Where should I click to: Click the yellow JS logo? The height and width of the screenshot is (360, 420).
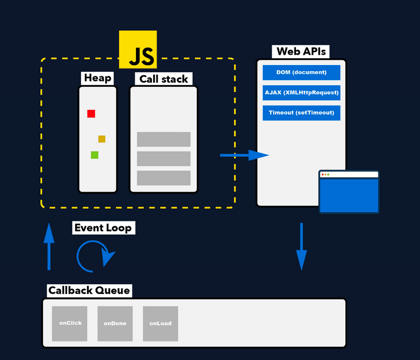tap(138, 49)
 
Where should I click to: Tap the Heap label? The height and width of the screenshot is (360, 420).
tap(98, 78)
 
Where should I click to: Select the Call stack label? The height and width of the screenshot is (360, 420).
tap(163, 79)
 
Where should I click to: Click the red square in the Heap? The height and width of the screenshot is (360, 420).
tap(91, 114)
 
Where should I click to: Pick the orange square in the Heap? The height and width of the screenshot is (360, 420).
tap(101, 139)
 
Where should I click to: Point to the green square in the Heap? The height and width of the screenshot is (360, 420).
tap(94, 155)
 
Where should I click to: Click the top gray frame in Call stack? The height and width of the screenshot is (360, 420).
tap(163, 139)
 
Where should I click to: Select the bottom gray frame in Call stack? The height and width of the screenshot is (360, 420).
tap(163, 178)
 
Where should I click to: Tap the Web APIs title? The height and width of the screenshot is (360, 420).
tap(301, 51)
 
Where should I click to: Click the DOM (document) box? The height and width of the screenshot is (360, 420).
tap(301, 72)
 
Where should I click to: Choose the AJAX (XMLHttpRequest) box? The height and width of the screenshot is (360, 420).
tap(301, 93)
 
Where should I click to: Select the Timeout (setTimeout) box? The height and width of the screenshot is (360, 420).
tap(301, 113)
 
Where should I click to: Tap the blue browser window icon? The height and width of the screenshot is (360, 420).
tap(349, 192)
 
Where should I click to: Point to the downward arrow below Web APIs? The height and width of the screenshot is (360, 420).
tap(301, 247)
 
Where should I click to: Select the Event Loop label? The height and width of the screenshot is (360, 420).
tap(103, 228)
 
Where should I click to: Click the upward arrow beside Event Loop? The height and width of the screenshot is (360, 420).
tap(49, 247)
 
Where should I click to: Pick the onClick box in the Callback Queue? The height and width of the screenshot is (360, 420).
tap(70, 324)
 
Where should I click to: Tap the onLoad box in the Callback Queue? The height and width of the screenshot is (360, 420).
tap(160, 324)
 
